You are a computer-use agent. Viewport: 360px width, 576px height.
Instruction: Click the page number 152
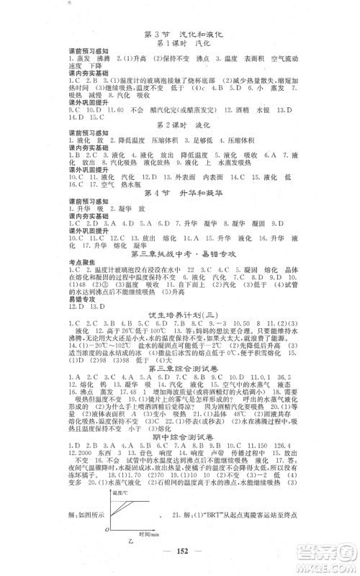(x=180, y=564)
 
